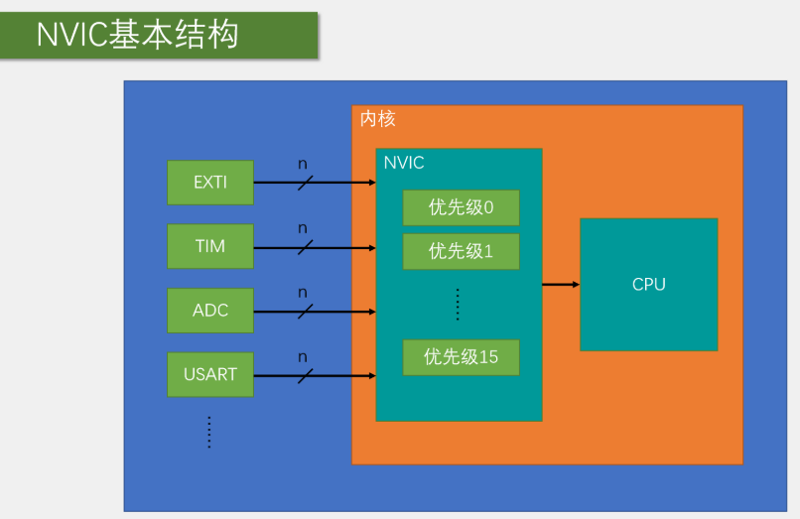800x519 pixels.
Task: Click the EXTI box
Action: pos(210,183)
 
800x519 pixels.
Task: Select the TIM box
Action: pos(210,246)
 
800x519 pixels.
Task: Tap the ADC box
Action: pos(210,311)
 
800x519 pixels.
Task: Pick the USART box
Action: pos(210,375)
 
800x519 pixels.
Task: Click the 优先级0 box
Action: pos(461,208)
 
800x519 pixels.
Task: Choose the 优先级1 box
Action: pos(461,252)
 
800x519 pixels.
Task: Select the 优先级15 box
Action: pos(461,357)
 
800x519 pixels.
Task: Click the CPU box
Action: pos(648,285)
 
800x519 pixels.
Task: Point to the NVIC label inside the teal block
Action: pos(404,163)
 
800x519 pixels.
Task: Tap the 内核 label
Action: pos(377,119)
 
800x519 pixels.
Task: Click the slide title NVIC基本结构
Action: pos(138,35)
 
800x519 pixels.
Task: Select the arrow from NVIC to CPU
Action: pos(561,285)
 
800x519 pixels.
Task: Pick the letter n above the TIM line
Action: pos(303,228)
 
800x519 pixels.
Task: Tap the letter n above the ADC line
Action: pos(303,293)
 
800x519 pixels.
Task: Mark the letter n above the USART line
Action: pos(303,357)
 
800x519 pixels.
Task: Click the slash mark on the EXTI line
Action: pos(305,183)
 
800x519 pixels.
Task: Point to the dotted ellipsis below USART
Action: pos(209,432)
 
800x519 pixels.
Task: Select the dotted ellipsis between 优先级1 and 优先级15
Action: pos(458,304)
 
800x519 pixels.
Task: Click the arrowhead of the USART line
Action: pos(371,375)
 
